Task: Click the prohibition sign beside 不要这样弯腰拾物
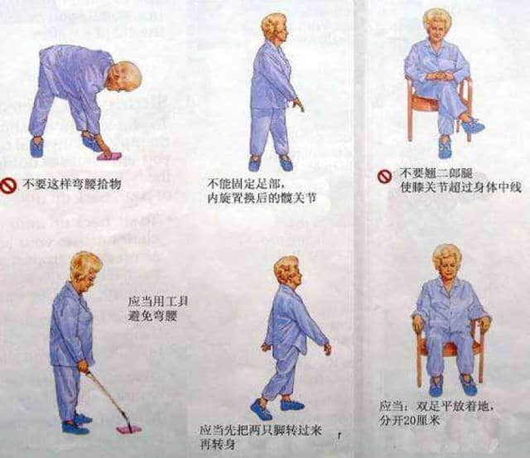(x=8, y=186)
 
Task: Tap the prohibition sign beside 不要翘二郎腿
(x=384, y=176)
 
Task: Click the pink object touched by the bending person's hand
(x=109, y=156)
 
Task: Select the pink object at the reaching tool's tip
(x=129, y=428)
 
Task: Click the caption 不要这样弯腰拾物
(x=72, y=184)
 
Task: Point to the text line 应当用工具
(x=158, y=301)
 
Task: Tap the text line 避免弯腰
(x=152, y=316)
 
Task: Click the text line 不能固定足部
(x=247, y=184)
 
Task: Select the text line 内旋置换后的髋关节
(x=262, y=199)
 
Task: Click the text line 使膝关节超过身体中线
(x=460, y=187)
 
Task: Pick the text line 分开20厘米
(x=409, y=421)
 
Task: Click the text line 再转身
(x=217, y=444)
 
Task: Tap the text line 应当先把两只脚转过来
(x=260, y=431)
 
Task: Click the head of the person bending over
(x=124, y=76)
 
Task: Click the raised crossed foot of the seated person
(x=473, y=125)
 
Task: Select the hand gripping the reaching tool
(x=83, y=367)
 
